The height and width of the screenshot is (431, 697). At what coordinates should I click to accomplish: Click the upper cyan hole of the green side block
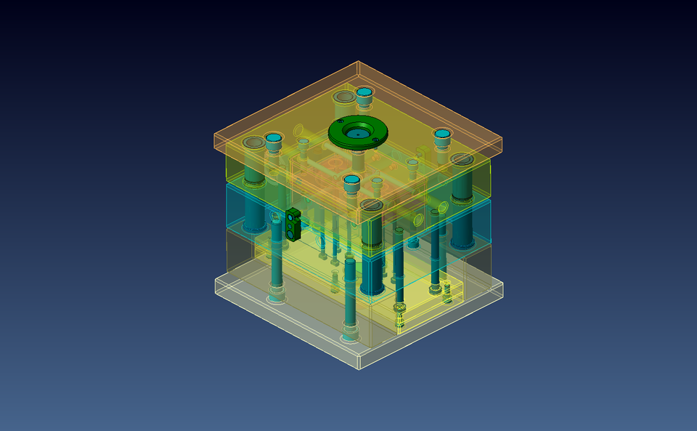click(294, 216)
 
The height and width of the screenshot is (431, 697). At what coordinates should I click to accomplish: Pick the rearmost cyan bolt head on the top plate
click(364, 92)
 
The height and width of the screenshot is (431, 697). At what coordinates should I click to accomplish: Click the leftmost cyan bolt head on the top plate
click(273, 137)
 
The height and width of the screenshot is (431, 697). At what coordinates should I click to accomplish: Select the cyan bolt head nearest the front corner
click(351, 180)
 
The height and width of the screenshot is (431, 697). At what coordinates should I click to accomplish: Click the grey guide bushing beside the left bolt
click(253, 142)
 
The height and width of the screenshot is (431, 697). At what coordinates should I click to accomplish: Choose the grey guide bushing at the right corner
click(461, 159)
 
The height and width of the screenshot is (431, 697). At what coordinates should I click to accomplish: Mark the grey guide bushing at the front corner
click(371, 205)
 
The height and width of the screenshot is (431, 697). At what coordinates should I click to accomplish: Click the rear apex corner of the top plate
click(358, 62)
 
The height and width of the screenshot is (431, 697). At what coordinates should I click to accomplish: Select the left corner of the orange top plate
click(214, 134)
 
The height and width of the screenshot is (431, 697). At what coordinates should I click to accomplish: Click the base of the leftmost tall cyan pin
click(277, 296)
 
